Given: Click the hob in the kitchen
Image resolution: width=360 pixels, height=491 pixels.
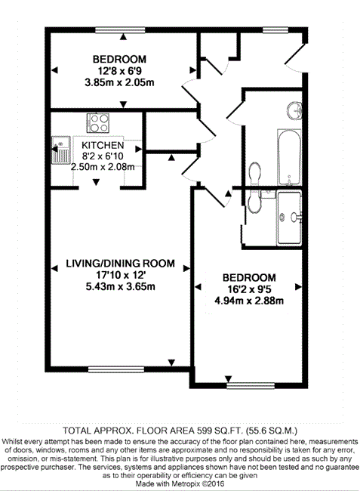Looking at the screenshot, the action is (98, 123).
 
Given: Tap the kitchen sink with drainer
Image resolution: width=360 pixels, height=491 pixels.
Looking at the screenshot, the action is (60, 150).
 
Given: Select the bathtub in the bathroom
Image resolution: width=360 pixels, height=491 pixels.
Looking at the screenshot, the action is (289, 157).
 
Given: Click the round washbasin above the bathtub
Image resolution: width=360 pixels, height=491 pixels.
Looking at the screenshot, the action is (294, 110).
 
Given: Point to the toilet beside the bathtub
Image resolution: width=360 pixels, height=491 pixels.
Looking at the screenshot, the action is (254, 174).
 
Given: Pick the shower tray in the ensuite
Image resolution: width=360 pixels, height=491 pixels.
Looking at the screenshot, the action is (289, 218).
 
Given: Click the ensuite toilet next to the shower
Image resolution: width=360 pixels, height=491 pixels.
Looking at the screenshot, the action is (254, 202).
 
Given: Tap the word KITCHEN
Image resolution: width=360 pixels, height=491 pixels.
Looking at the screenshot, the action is (103, 145).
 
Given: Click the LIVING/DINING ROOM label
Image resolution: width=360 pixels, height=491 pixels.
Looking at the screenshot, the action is (121, 264).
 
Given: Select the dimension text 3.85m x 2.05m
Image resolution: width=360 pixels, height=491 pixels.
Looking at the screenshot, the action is (119, 82).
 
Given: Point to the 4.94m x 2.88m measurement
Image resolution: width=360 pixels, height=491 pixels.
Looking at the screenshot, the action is (249, 301).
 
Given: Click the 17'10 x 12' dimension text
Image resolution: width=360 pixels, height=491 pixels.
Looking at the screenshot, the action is (121, 275).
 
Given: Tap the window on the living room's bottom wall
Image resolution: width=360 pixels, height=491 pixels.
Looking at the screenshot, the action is (116, 369).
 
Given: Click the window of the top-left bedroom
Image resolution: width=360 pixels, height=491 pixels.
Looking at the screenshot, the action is (120, 30).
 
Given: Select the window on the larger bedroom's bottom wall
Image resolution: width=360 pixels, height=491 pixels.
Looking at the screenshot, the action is (251, 385).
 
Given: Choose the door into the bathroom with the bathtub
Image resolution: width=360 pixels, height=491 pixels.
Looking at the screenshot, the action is (235, 110).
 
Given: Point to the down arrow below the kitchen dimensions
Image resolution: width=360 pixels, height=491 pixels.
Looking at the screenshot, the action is (96, 182).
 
